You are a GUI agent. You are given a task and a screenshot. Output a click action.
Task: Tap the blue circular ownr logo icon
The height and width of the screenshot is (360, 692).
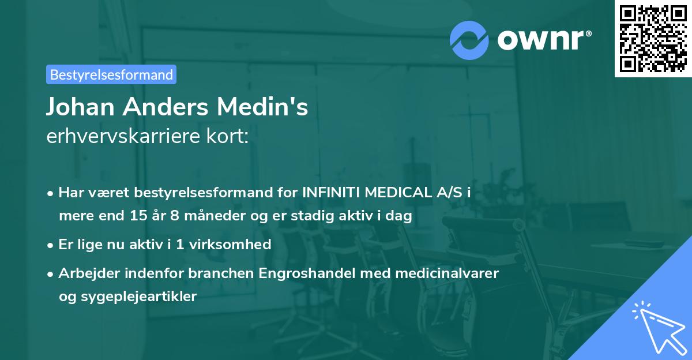coord(469,40)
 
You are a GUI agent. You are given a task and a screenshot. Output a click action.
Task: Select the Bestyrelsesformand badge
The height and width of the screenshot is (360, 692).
coord(111,74)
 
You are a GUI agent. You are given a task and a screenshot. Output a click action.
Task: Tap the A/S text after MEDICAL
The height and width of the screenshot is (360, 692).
coord(447,193)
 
